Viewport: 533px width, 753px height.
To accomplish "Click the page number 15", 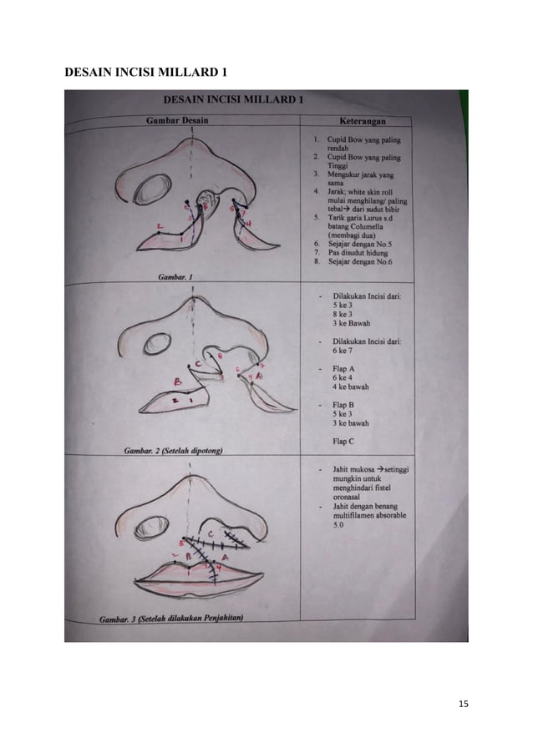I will point(464,704).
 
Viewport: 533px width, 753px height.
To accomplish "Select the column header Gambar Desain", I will point(177,120).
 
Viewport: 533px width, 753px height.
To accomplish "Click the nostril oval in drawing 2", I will point(155,344).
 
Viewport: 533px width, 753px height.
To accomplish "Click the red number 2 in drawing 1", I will point(158,226).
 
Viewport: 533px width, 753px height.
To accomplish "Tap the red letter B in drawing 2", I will point(177,382).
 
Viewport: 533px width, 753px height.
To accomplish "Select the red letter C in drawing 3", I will point(211,533).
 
